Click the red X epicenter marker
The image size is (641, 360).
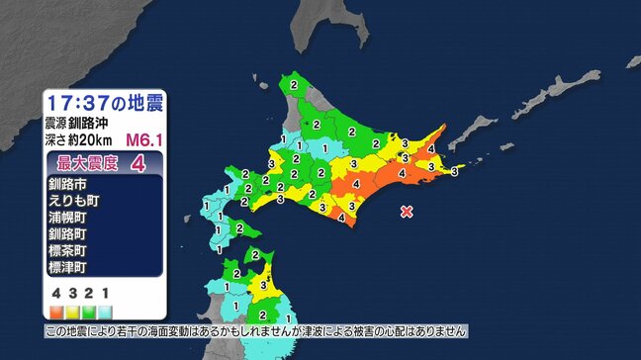[407, 211]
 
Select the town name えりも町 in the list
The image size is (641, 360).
[72, 201]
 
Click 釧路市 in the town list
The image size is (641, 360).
[67, 184]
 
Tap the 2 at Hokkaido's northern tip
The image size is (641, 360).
[294, 87]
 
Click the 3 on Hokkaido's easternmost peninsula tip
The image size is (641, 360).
[454, 172]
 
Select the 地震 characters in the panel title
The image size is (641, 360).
[142, 102]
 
